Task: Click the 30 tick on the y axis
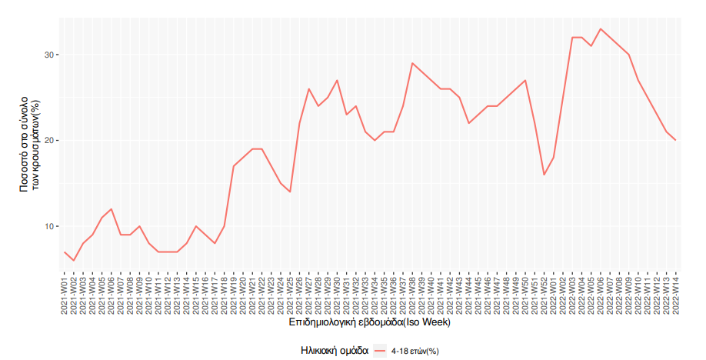[x=50, y=55]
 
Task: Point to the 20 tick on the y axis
[x=50, y=141]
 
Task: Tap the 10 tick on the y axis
[x=50, y=226]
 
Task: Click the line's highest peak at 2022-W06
[x=601, y=29]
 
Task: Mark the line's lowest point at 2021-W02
[x=74, y=260]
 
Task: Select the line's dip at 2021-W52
[x=544, y=175]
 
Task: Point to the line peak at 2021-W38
[x=413, y=63]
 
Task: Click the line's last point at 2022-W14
[x=676, y=140]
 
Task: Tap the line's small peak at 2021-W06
[x=112, y=209]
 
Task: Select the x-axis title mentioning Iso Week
[x=370, y=323]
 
